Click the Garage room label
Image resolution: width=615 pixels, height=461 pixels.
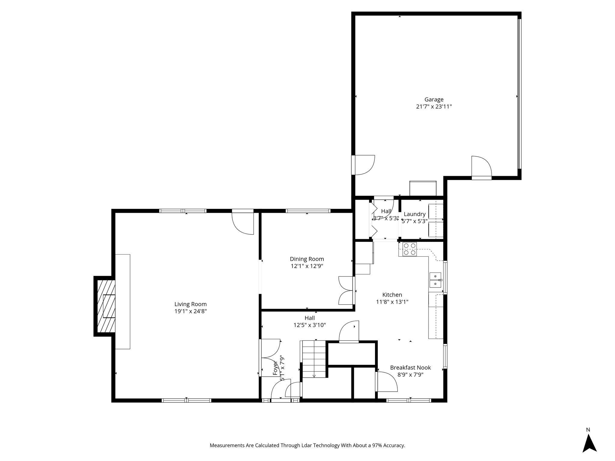pyautogui.click(x=434, y=99)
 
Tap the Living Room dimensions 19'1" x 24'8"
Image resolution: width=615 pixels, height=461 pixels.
pyautogui.click(x=190, y=312)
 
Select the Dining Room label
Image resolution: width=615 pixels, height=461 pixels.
pyautogui.click(x=307, y=259)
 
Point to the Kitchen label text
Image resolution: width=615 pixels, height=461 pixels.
pyautogui.click(x=392, y=295)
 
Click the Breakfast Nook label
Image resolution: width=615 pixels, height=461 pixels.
pyautogui.click(x=410, y=368)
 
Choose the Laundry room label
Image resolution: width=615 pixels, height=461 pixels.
pyautogui.click(x=414, y=214)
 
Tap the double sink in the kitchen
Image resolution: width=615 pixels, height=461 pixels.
pyautogui.click(x=435, y=280)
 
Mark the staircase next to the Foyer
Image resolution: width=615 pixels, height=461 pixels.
pyautogui.click(x=314, y=359)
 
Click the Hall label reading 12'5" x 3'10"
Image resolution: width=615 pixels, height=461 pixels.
pyautogui.click(x=310, y=321)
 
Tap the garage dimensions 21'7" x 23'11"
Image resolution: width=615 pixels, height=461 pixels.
pyautogui.click(x=434, y=107)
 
